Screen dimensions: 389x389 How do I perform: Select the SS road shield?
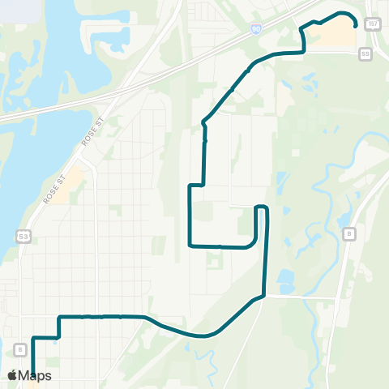pos(365,53)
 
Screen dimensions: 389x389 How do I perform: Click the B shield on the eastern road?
pos(349,234)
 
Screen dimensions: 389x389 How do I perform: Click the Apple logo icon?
pos(12,376)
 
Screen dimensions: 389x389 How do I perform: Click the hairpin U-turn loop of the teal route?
pos(261,209)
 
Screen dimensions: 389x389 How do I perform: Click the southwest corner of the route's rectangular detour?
pos(190,244)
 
